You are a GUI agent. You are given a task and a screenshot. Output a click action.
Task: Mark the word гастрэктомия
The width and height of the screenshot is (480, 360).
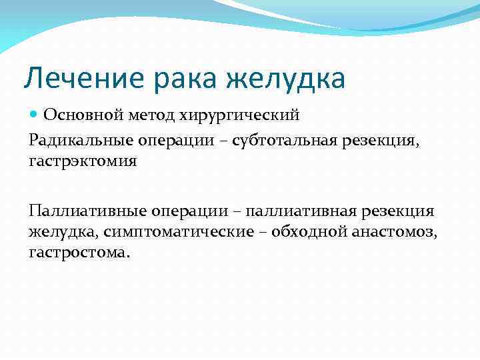tap(83, 162)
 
